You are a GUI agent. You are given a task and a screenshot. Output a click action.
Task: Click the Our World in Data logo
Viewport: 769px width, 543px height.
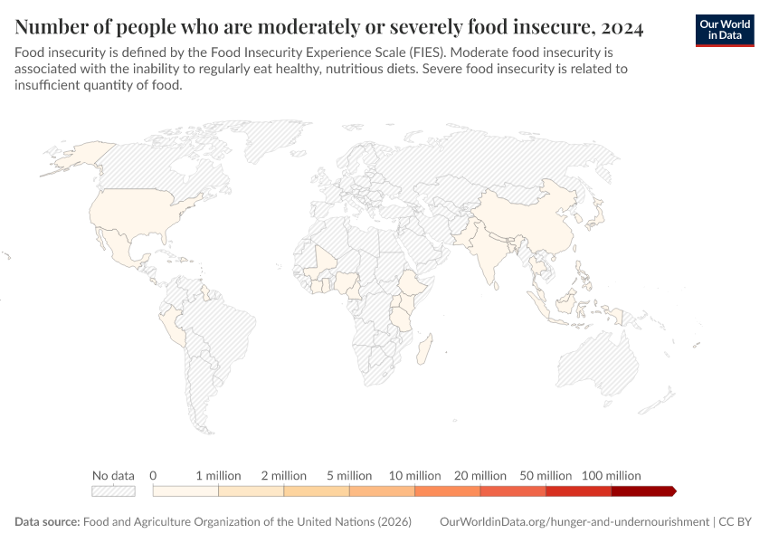(724, 29)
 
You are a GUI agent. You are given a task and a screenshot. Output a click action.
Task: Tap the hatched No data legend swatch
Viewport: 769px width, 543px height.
(113, 491)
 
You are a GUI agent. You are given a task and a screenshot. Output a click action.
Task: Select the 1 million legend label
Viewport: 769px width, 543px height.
(219, 475)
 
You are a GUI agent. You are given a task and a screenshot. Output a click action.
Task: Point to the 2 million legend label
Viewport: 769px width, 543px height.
(284, 475)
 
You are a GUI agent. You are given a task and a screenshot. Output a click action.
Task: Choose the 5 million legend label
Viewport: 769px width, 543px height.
(349, 475)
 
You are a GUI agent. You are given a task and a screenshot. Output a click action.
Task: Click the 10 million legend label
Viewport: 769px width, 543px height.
(415, 475)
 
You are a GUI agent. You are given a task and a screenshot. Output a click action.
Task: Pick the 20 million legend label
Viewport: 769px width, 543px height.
(480, 475)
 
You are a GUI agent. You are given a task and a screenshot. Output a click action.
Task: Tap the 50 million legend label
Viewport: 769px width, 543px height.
(546, 475)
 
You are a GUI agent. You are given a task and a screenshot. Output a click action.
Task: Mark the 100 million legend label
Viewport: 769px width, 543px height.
(612, 475)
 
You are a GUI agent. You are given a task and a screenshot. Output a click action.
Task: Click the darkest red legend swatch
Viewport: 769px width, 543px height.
(642, 491)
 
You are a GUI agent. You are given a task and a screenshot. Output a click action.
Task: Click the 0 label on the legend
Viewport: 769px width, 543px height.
(154, 475)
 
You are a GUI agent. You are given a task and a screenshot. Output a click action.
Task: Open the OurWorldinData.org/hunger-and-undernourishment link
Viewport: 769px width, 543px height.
(574, 522)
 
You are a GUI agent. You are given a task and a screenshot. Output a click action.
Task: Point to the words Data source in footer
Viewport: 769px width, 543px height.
(46, 522)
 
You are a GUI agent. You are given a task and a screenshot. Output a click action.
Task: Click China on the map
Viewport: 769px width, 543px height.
(534, 226)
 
